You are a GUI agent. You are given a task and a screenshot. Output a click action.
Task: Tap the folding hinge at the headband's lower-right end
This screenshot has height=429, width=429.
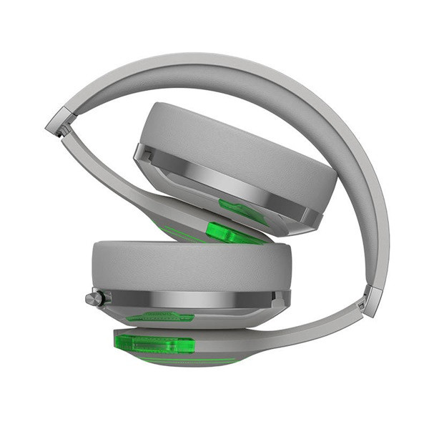click(371, 300)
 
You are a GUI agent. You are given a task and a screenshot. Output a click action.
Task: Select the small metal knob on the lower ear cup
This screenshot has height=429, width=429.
click(94, 298)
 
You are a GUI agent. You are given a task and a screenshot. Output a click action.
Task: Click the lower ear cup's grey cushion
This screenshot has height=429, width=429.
click(189, 265)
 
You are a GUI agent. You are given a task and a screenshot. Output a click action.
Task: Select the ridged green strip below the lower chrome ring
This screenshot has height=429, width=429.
click(161, 316)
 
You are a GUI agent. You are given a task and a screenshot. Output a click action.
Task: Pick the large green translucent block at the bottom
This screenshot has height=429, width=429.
click(154, 344)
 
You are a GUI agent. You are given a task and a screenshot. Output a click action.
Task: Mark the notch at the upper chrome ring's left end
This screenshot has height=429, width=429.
click(142, 153)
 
